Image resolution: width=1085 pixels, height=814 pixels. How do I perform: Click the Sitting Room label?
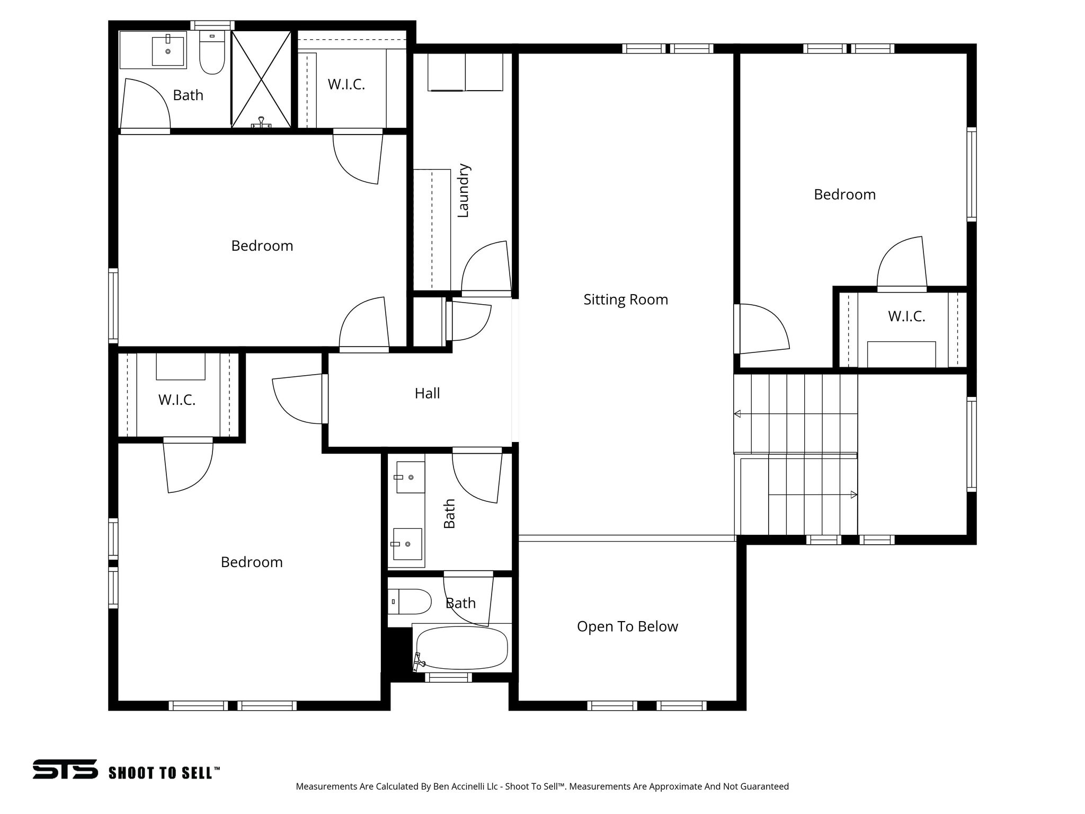(626, 299)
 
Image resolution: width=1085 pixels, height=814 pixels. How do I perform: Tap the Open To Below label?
(627, 626)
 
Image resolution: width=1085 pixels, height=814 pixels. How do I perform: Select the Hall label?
(427, 393)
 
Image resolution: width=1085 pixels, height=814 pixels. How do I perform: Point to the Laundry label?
(463, 190)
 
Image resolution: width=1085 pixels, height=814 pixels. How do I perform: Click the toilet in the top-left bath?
(212, 52)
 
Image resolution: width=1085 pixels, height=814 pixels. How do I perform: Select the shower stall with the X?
(262, 79)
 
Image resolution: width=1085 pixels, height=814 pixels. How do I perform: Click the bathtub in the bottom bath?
(461, 648)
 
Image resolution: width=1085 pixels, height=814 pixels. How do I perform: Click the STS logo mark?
(65, 769)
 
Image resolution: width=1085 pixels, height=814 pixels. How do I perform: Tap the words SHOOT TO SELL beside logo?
(161, 773)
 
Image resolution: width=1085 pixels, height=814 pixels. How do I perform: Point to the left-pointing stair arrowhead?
(737, 414)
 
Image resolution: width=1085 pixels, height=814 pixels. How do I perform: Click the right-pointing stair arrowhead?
(853, 495)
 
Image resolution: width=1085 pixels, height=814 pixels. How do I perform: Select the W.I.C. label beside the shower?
(346, 84)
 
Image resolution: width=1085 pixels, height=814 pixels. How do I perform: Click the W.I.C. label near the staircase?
(906, 316)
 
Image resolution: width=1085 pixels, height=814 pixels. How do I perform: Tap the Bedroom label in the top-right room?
(844, 194)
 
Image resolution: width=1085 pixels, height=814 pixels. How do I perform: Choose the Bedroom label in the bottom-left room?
(252, 562)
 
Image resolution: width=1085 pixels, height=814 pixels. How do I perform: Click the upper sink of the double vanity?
(411, 477)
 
